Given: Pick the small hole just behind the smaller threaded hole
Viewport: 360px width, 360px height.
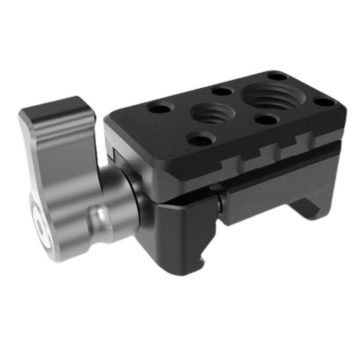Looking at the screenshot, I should pyautogui.click(x=221, y=91).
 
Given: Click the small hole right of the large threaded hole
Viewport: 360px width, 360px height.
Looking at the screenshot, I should pyautogui.click(x=324, y=102).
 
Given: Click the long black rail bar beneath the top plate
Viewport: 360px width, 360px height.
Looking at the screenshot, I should pyautogui.click(x=279, y=189).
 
